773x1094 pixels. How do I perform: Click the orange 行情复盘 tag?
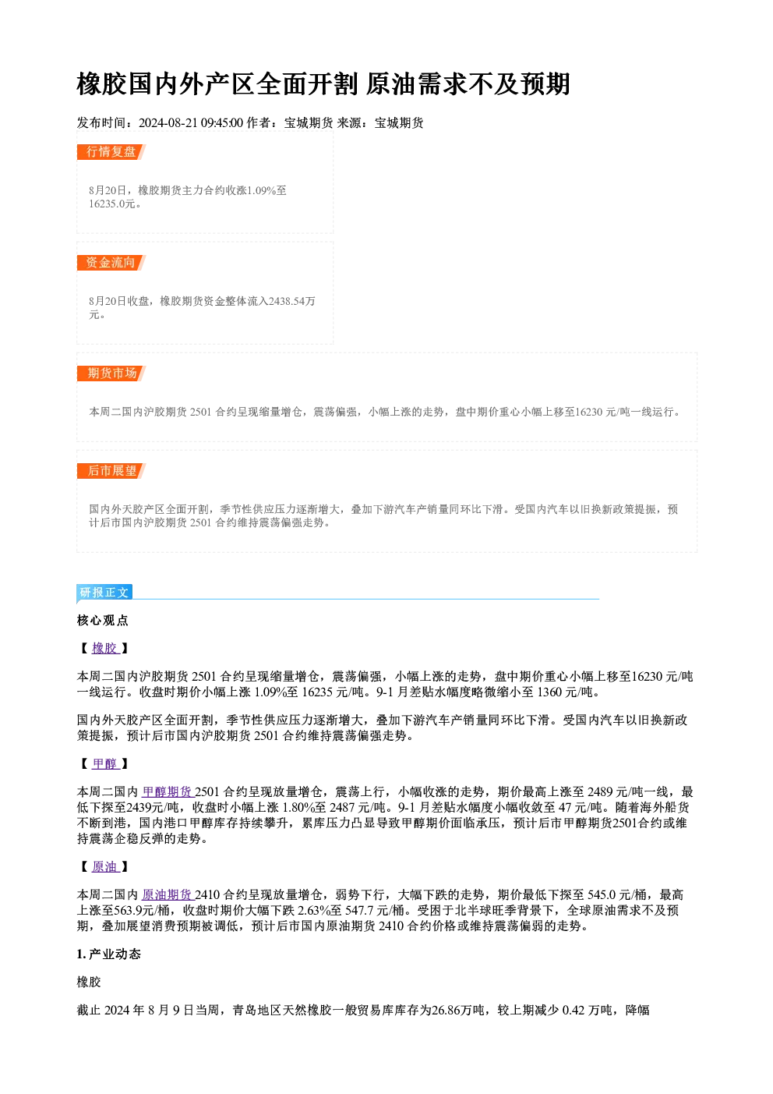coord(111,152)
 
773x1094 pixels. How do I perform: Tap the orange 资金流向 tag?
coord(111,263)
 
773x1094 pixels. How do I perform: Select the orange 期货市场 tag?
coord(111,374)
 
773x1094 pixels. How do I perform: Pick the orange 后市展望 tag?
coord(111,471)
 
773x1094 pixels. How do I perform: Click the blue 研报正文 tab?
coord(104,593)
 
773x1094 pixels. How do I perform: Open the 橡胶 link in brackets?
coord(104,648)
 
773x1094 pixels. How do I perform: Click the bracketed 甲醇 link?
coord(104,763)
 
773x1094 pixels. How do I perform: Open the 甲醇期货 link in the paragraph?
coord(167,791)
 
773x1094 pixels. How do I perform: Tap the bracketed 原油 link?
coord(104,867)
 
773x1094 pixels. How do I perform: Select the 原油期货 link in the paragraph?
coord(167,894)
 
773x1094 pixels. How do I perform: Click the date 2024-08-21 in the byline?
coord(168,123)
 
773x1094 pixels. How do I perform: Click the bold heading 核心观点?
coord(103,621)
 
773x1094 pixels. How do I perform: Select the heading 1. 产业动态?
coord(109,954)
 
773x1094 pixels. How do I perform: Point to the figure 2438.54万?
coord(292,301)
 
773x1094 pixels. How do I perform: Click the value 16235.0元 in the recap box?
coord(111,204)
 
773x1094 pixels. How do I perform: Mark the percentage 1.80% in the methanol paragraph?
coord(297,807)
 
